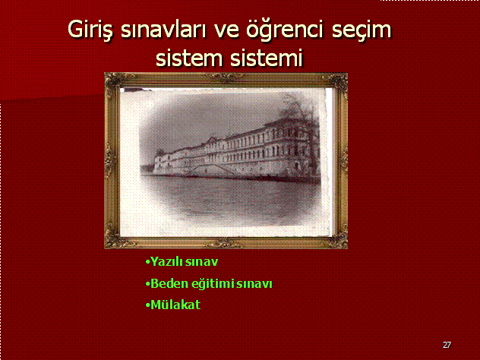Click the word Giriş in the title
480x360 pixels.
tap(90, 30)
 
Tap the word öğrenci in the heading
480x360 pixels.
tap(285, 30)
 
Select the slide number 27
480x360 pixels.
tap(447, 345)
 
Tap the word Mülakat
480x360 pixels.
tap(175, 305)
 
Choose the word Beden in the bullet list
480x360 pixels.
tap(169, 283)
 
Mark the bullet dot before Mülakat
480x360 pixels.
tap(148, 305)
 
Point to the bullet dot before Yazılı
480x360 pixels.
tap(148, 262)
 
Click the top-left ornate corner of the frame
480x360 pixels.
tap(114, 82)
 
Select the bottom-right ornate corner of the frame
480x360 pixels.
tap(338, 238)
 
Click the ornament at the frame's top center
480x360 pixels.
tap(226, 77)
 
